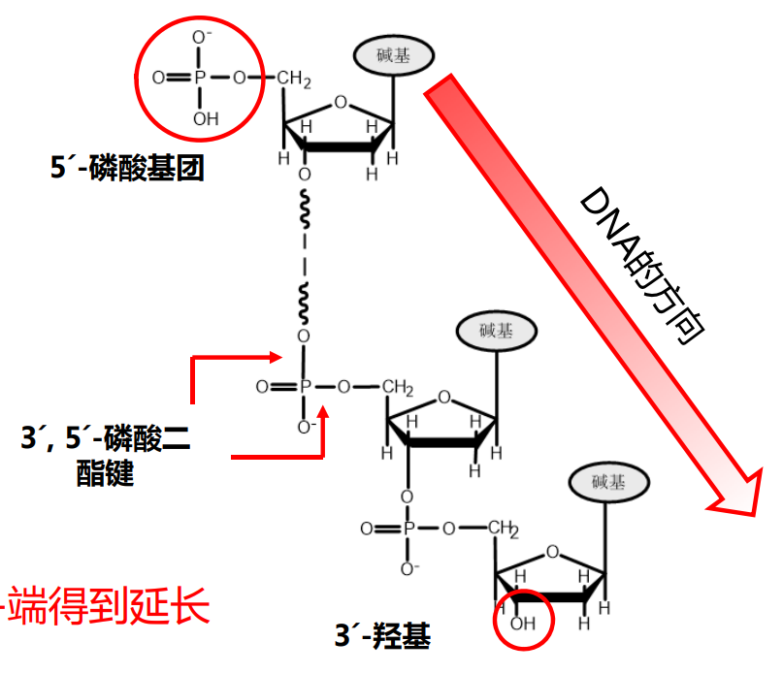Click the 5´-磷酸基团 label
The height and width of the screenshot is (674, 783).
click(127, 170)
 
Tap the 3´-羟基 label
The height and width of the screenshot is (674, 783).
click(382, 636)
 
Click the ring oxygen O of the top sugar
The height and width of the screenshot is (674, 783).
click(339, 101)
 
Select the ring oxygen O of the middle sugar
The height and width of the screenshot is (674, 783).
click(443, 398)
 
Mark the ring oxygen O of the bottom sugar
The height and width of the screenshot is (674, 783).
click(552, 554)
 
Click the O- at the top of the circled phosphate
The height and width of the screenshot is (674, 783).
click(202, 39)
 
